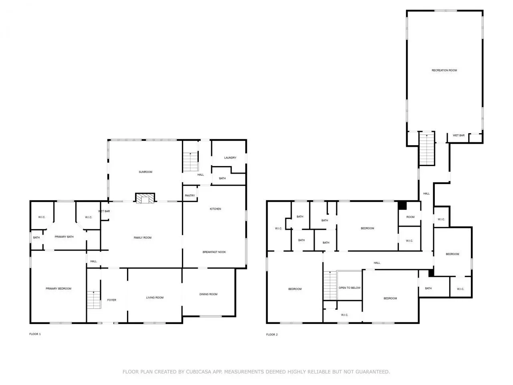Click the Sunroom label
click(145, 172)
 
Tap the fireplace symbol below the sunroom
click(145, 198)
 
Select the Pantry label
click(190, 195)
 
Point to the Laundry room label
click(230, 158)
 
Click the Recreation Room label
click(444, 70)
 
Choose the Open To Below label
click(349, 288)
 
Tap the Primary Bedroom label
click(59, 288)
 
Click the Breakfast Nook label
click(214, 252)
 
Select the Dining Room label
click(208, 294)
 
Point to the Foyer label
click(111, 300)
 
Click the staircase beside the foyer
click(94, 300)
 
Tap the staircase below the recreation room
click(427, 149)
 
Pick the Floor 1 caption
click(35, 334)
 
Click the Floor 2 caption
click(272, 334)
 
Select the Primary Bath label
click(64, 237)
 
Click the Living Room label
click(155, 298)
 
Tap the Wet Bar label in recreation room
click(458, 135)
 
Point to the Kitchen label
click(215, 209)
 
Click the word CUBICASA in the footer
click(199, 372)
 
